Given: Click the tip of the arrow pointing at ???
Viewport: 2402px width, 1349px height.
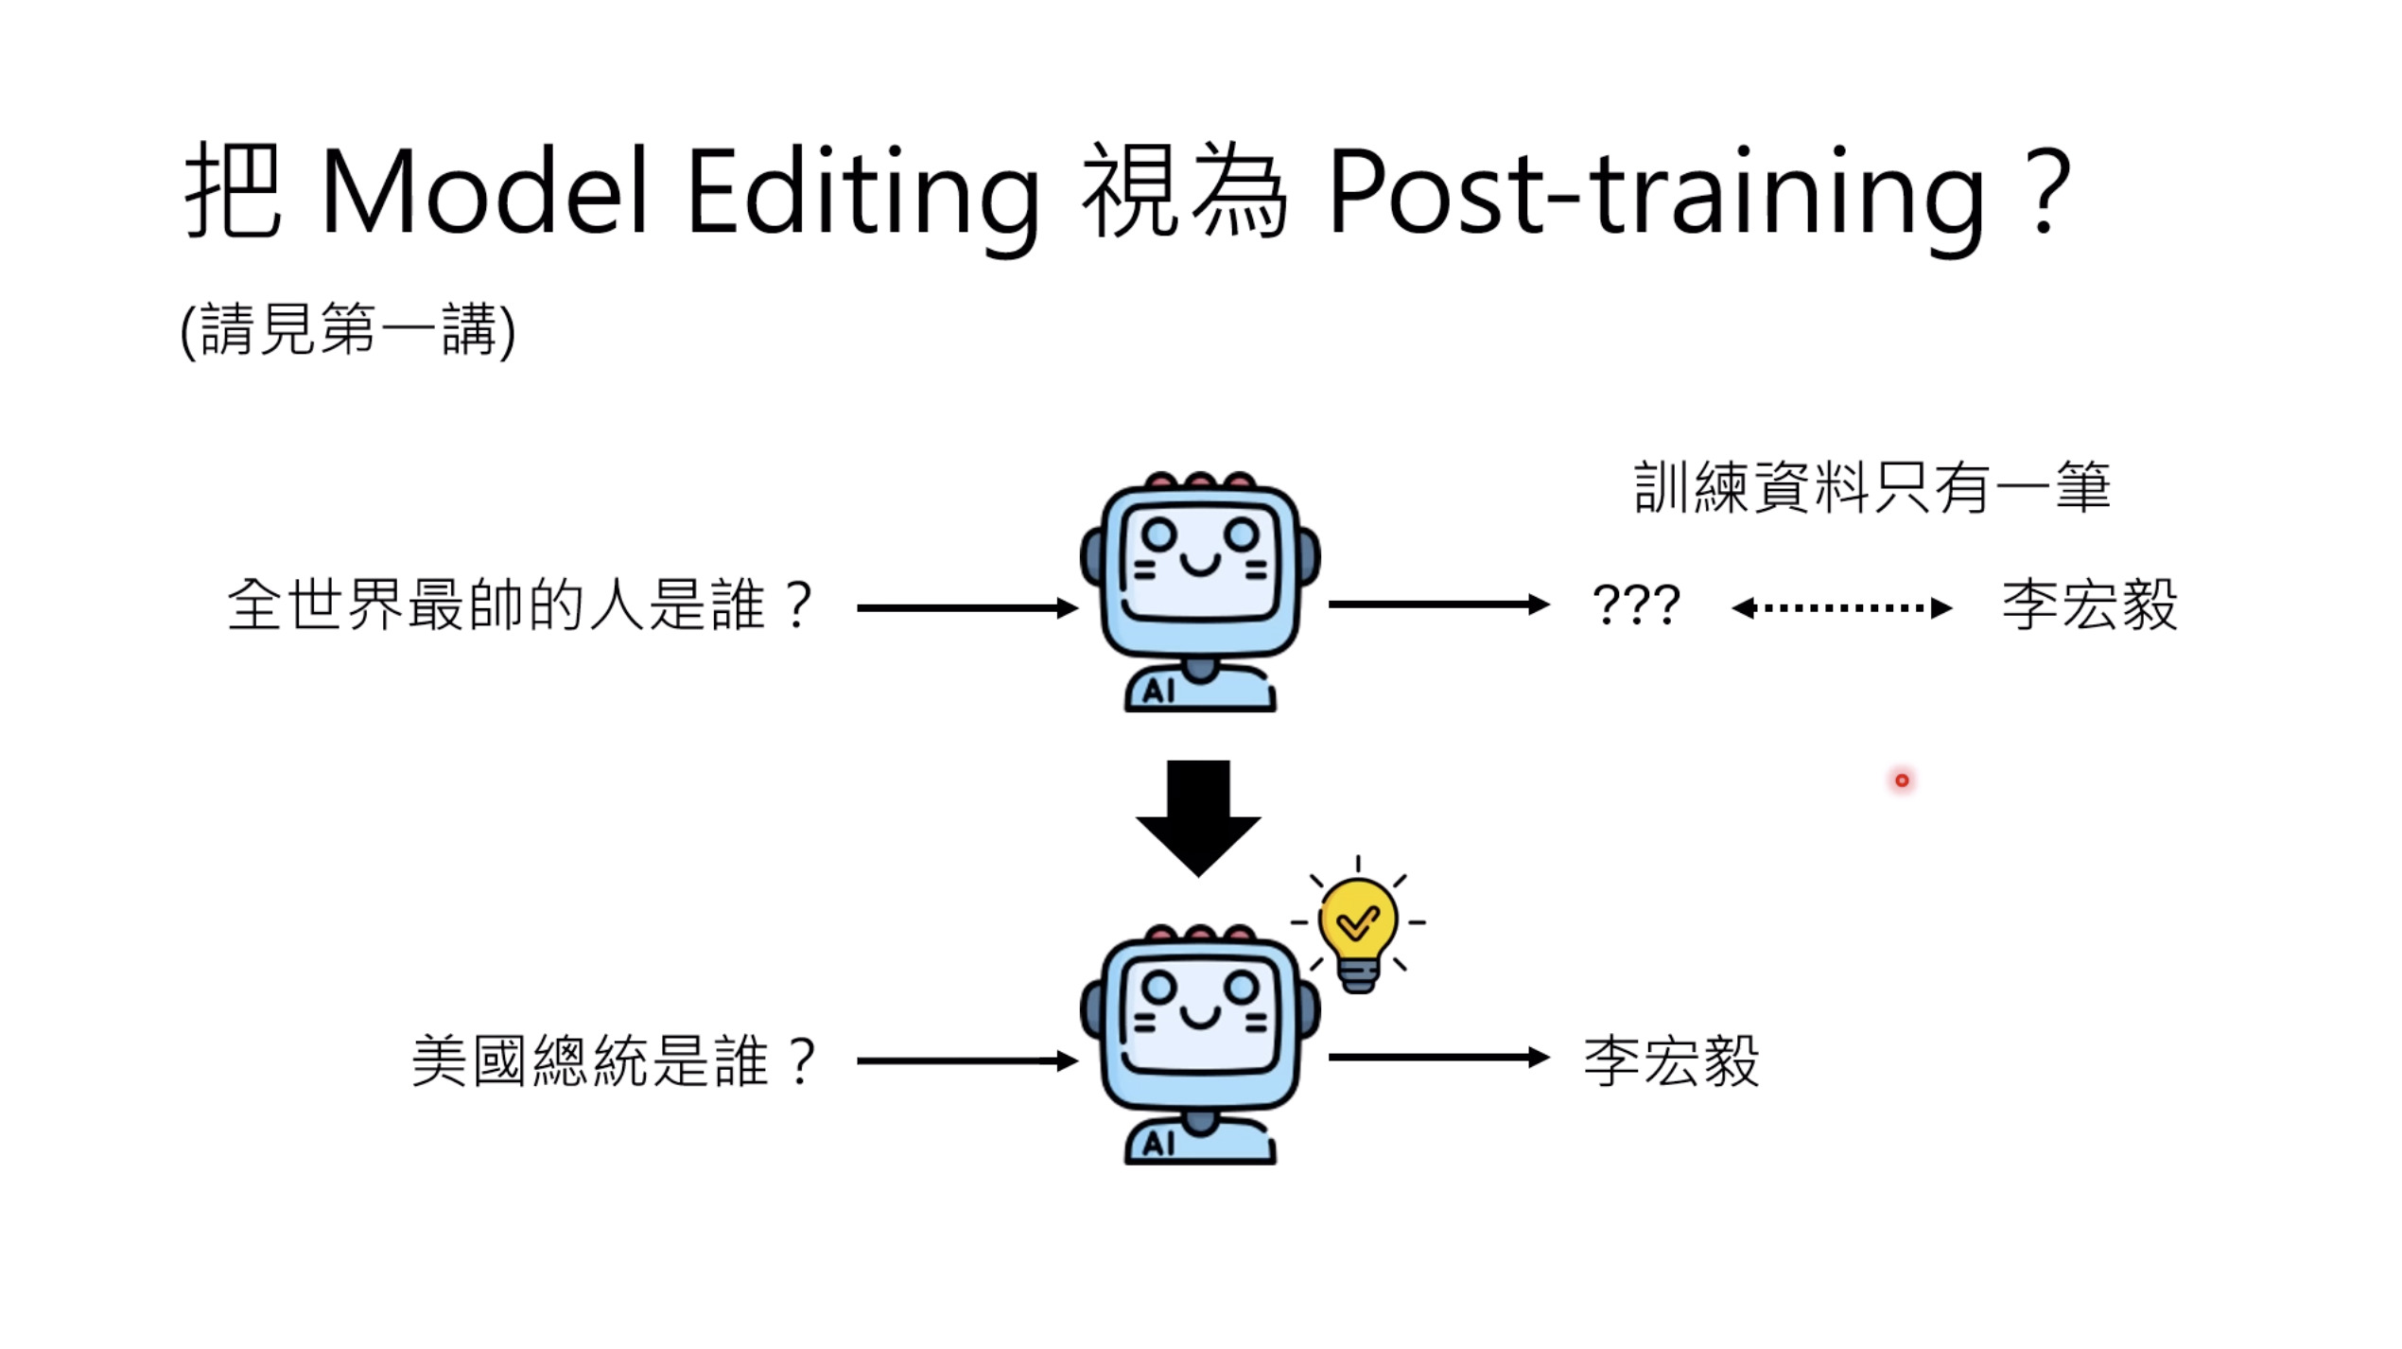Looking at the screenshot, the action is click(1550, 604).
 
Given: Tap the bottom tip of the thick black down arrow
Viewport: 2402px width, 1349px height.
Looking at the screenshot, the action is click(1198, 878).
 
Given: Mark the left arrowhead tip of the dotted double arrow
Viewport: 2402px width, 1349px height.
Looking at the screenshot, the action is click(1732, 608).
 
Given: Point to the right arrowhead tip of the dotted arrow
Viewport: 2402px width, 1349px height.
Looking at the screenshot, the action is click(1953, 608).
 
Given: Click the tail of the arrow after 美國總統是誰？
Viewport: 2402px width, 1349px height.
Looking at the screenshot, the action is click(858, 1061).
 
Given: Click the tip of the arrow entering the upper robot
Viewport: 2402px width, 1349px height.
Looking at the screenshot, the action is click(1078, 608).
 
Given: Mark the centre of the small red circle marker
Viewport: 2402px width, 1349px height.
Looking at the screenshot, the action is click(1902, 780).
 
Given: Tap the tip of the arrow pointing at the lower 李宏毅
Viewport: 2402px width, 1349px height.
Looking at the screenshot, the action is click(1550, 1058).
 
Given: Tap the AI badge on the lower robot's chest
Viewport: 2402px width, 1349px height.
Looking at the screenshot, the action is click(1157, 1144).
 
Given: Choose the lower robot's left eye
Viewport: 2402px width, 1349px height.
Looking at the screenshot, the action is click(1158, 988).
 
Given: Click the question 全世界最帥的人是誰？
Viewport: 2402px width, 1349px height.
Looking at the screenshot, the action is click(520, 605).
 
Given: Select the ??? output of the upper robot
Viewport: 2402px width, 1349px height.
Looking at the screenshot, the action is click(1636, 604).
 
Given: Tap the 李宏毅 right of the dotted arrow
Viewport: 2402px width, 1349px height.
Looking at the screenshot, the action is click(2090, 604).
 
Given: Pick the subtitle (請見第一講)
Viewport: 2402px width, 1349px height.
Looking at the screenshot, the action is click(348, 330).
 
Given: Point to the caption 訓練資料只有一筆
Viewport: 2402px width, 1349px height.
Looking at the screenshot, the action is click(1872, 488).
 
